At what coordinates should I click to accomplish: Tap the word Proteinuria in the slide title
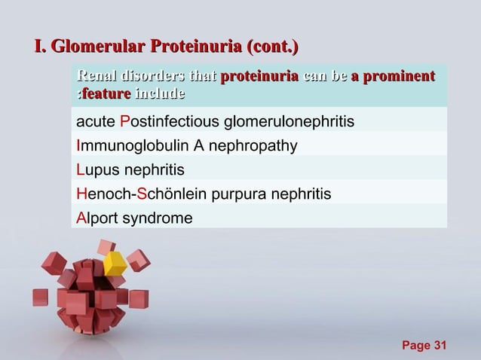tap(194, 48)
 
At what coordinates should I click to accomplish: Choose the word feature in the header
tap(106, 94)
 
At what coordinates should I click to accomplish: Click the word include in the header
tap(161, 94)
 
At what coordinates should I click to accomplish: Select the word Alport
tap(96, 218)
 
